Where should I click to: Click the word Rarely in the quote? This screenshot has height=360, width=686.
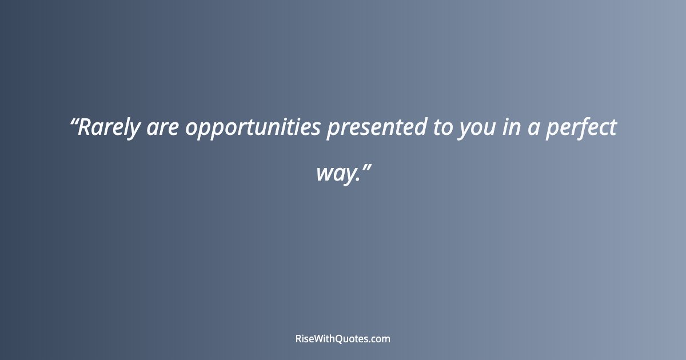pyautogui.click(x=109, y=128)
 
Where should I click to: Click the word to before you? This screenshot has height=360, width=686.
pyautogui.click(x=442, y=128)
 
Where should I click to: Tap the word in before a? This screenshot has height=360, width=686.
pyautogui.click(x=510, y=128)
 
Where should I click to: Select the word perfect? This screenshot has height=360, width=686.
pyautogui.click(x=581, y=128)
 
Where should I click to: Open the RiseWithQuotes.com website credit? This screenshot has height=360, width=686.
pyautogui.click(x=343, y=339)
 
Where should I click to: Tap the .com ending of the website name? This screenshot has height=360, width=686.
pyautogui.click(x=381, y=339)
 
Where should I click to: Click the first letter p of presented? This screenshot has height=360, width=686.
pyautogui.click(x=332, y=130)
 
